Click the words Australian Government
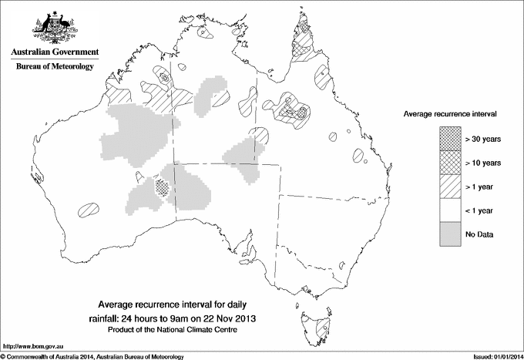[x=54, y=52]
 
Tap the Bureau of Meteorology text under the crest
[x=54, y=67]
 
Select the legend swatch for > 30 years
[x=450, y=138]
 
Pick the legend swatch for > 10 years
[x=450, y=162]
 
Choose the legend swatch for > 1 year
[x=450, y=186]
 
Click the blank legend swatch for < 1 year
[x=450, y=210]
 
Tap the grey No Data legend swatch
[x=450, y=234]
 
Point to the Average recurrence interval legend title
[x=450, y=113]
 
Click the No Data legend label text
[x=480, y=234]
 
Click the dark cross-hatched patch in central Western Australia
[x=162, y=186]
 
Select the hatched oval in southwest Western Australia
[x=89, y=208]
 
